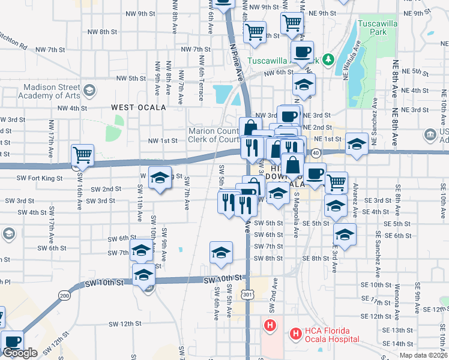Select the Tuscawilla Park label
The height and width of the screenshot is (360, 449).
[x=376, y=27]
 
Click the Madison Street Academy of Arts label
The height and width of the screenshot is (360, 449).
[x=51, y=91]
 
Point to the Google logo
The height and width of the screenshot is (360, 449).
[x=19, y=353]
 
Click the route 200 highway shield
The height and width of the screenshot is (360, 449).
[x=64, y=295]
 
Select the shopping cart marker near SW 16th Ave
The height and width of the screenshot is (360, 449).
[x=82, y=156]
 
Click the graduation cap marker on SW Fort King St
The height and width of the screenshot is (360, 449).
[x=160, y=178]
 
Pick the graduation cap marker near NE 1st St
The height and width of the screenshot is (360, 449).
[x=357, y=144]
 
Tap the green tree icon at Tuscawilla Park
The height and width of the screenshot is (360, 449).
[x=328, y=59]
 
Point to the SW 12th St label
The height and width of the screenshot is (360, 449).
[x=125, y=323]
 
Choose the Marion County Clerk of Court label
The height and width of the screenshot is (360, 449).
[x=214, y=136]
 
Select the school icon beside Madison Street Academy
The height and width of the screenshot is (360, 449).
[x=89, y=91]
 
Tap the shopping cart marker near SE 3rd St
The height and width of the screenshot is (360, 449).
[x=336, y=182]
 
